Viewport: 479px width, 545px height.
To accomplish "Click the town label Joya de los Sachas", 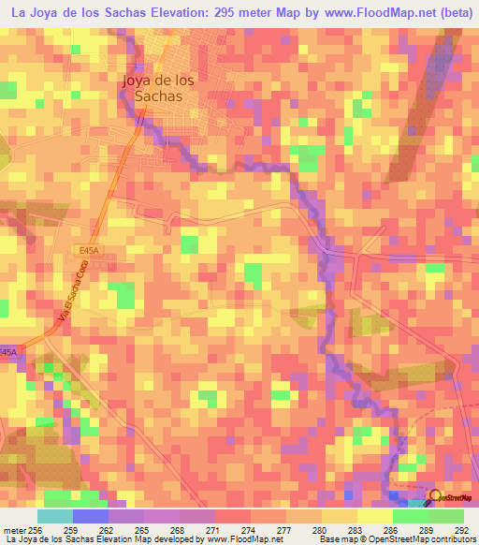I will (157, 87).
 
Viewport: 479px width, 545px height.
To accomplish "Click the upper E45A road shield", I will (89, 250).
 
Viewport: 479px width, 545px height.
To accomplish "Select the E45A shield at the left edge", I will (7, 352).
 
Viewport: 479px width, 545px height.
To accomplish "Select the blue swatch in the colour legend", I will (90, 516).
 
